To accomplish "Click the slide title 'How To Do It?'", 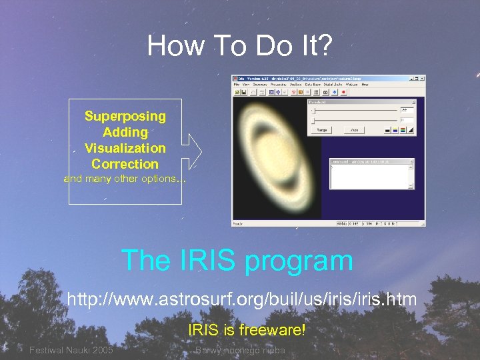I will tap(239, 46).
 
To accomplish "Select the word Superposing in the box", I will tap(125, 116).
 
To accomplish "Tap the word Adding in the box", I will tap(125, 132).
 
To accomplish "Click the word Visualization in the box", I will tap(125, 148).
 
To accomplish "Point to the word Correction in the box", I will tap(125, 164).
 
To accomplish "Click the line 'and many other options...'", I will tap(125, 179).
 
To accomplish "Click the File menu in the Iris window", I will tap(236, 85).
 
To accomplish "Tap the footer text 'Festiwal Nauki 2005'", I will tap(71, 351).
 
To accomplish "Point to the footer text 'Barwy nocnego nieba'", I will tap(239, 351).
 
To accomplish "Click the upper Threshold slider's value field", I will tap(405, 109).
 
